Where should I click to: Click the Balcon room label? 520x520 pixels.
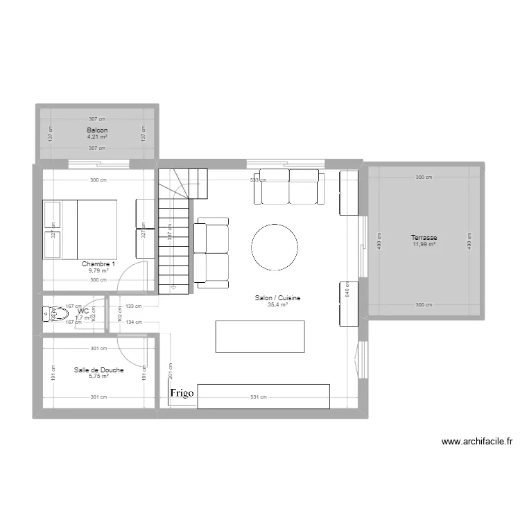point(97,130)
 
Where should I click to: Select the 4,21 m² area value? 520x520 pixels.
point(97,137)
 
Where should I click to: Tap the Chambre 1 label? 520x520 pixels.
point(98,264)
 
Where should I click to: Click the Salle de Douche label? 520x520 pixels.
point(99,370)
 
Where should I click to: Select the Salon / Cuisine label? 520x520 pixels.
point(277,297)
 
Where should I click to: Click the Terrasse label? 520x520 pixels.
point(424,238)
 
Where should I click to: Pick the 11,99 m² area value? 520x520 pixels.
point(424,244)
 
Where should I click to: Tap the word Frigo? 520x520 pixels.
point(182,393)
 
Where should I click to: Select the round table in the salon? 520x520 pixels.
point(275,248)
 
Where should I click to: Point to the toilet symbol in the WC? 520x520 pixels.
point(54,315)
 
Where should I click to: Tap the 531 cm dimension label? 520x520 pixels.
point(258,397)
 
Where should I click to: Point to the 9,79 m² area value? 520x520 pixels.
point(98,270)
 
